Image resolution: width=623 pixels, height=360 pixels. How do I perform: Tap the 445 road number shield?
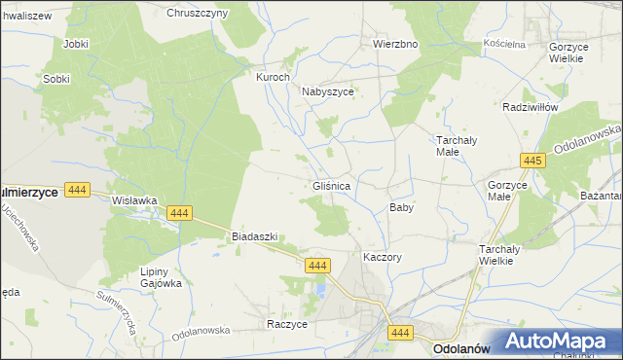point(531,161)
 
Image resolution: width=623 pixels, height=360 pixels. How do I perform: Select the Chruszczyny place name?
point(197,13)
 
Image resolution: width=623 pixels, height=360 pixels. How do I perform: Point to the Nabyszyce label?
point(327,91)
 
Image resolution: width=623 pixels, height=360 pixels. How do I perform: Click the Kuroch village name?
point(273,77)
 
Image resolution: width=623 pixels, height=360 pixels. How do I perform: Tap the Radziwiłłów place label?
point(529,107)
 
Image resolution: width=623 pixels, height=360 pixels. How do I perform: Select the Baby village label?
point(402,207)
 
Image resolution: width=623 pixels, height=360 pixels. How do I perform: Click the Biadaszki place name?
point(255,236)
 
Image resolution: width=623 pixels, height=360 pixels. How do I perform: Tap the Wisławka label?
point(134,200)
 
